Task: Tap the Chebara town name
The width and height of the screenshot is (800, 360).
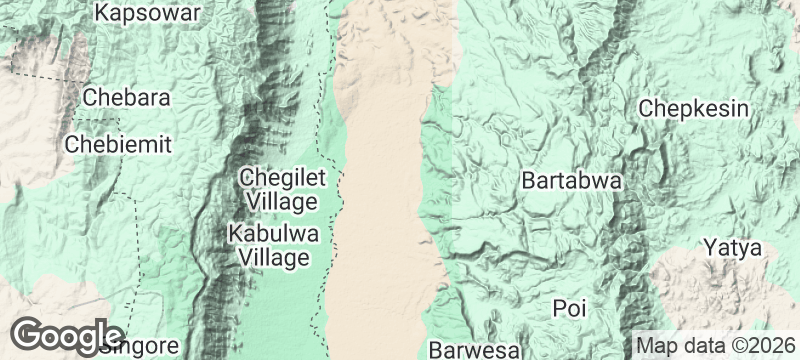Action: click(126, 98)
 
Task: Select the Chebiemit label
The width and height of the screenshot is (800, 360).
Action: click(118, 144)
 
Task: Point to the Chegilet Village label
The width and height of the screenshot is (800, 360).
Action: click(282, 189)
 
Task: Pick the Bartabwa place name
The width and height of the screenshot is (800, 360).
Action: click(572, 182)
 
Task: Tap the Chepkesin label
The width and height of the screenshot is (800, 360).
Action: click(695, 108)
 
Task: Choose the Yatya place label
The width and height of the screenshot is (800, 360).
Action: click(732, 247)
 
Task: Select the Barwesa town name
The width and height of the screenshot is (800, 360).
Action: click(475, 350)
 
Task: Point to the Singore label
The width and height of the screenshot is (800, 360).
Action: click(141, 347)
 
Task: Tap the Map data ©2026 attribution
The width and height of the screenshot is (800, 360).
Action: click(714, 345)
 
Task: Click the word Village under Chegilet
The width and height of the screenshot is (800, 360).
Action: click(282, 202)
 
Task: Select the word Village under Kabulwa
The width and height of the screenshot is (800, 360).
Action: click(273, 258)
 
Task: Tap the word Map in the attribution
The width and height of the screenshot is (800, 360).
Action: click(656, 345)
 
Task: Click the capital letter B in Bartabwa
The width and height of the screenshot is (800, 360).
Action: click(528, 182)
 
